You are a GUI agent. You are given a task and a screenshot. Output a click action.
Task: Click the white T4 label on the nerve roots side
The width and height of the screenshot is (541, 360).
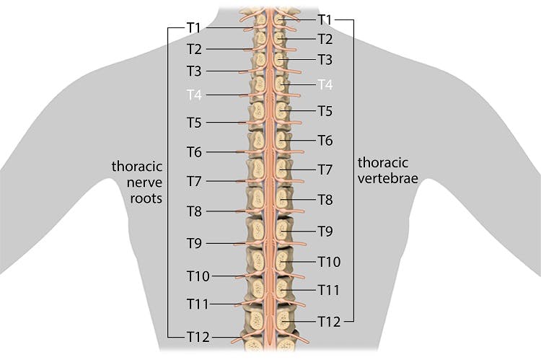coord(194,95)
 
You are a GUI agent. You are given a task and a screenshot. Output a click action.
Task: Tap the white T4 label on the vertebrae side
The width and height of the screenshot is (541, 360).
coord(325,84)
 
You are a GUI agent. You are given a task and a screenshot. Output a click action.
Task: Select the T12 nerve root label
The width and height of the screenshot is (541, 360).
coord(198,337)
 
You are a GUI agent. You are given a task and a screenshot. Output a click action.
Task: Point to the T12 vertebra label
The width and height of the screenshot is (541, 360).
coord(329,322)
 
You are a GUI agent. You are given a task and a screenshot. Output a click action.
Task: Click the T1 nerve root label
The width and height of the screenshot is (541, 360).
coord(194,27)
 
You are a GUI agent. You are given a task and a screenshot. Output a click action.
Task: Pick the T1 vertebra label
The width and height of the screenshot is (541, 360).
coord(325,19)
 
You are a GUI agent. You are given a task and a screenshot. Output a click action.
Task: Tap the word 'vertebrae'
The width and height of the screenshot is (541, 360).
coord(388,178)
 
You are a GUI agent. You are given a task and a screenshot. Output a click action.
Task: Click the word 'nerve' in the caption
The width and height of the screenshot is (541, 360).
coord(144,183)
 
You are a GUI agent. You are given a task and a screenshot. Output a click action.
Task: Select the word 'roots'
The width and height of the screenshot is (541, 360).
coord(146,198)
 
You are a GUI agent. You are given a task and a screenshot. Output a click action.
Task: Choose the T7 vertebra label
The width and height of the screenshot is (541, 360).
coord(325,170)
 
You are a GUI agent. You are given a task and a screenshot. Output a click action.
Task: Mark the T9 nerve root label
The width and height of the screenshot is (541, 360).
coord(194,243)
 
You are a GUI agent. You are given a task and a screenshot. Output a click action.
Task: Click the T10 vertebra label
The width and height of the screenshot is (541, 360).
coord(329,262)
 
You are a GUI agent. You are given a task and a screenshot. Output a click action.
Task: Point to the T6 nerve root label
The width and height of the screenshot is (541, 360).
coord(194,152)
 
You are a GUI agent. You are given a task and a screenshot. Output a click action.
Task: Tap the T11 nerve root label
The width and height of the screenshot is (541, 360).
coord(198,304)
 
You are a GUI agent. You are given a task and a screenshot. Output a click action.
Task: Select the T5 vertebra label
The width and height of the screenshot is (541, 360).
coord(325,111)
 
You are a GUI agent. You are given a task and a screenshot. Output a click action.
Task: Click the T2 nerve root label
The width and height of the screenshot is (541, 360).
coord(194,49)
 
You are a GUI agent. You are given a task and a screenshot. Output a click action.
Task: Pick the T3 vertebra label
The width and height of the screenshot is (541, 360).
coord(325,59)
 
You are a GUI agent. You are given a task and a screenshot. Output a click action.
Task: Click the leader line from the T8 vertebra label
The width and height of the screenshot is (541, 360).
coord(298,200)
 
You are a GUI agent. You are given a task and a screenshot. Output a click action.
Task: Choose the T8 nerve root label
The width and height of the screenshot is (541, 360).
coord(194,211)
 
